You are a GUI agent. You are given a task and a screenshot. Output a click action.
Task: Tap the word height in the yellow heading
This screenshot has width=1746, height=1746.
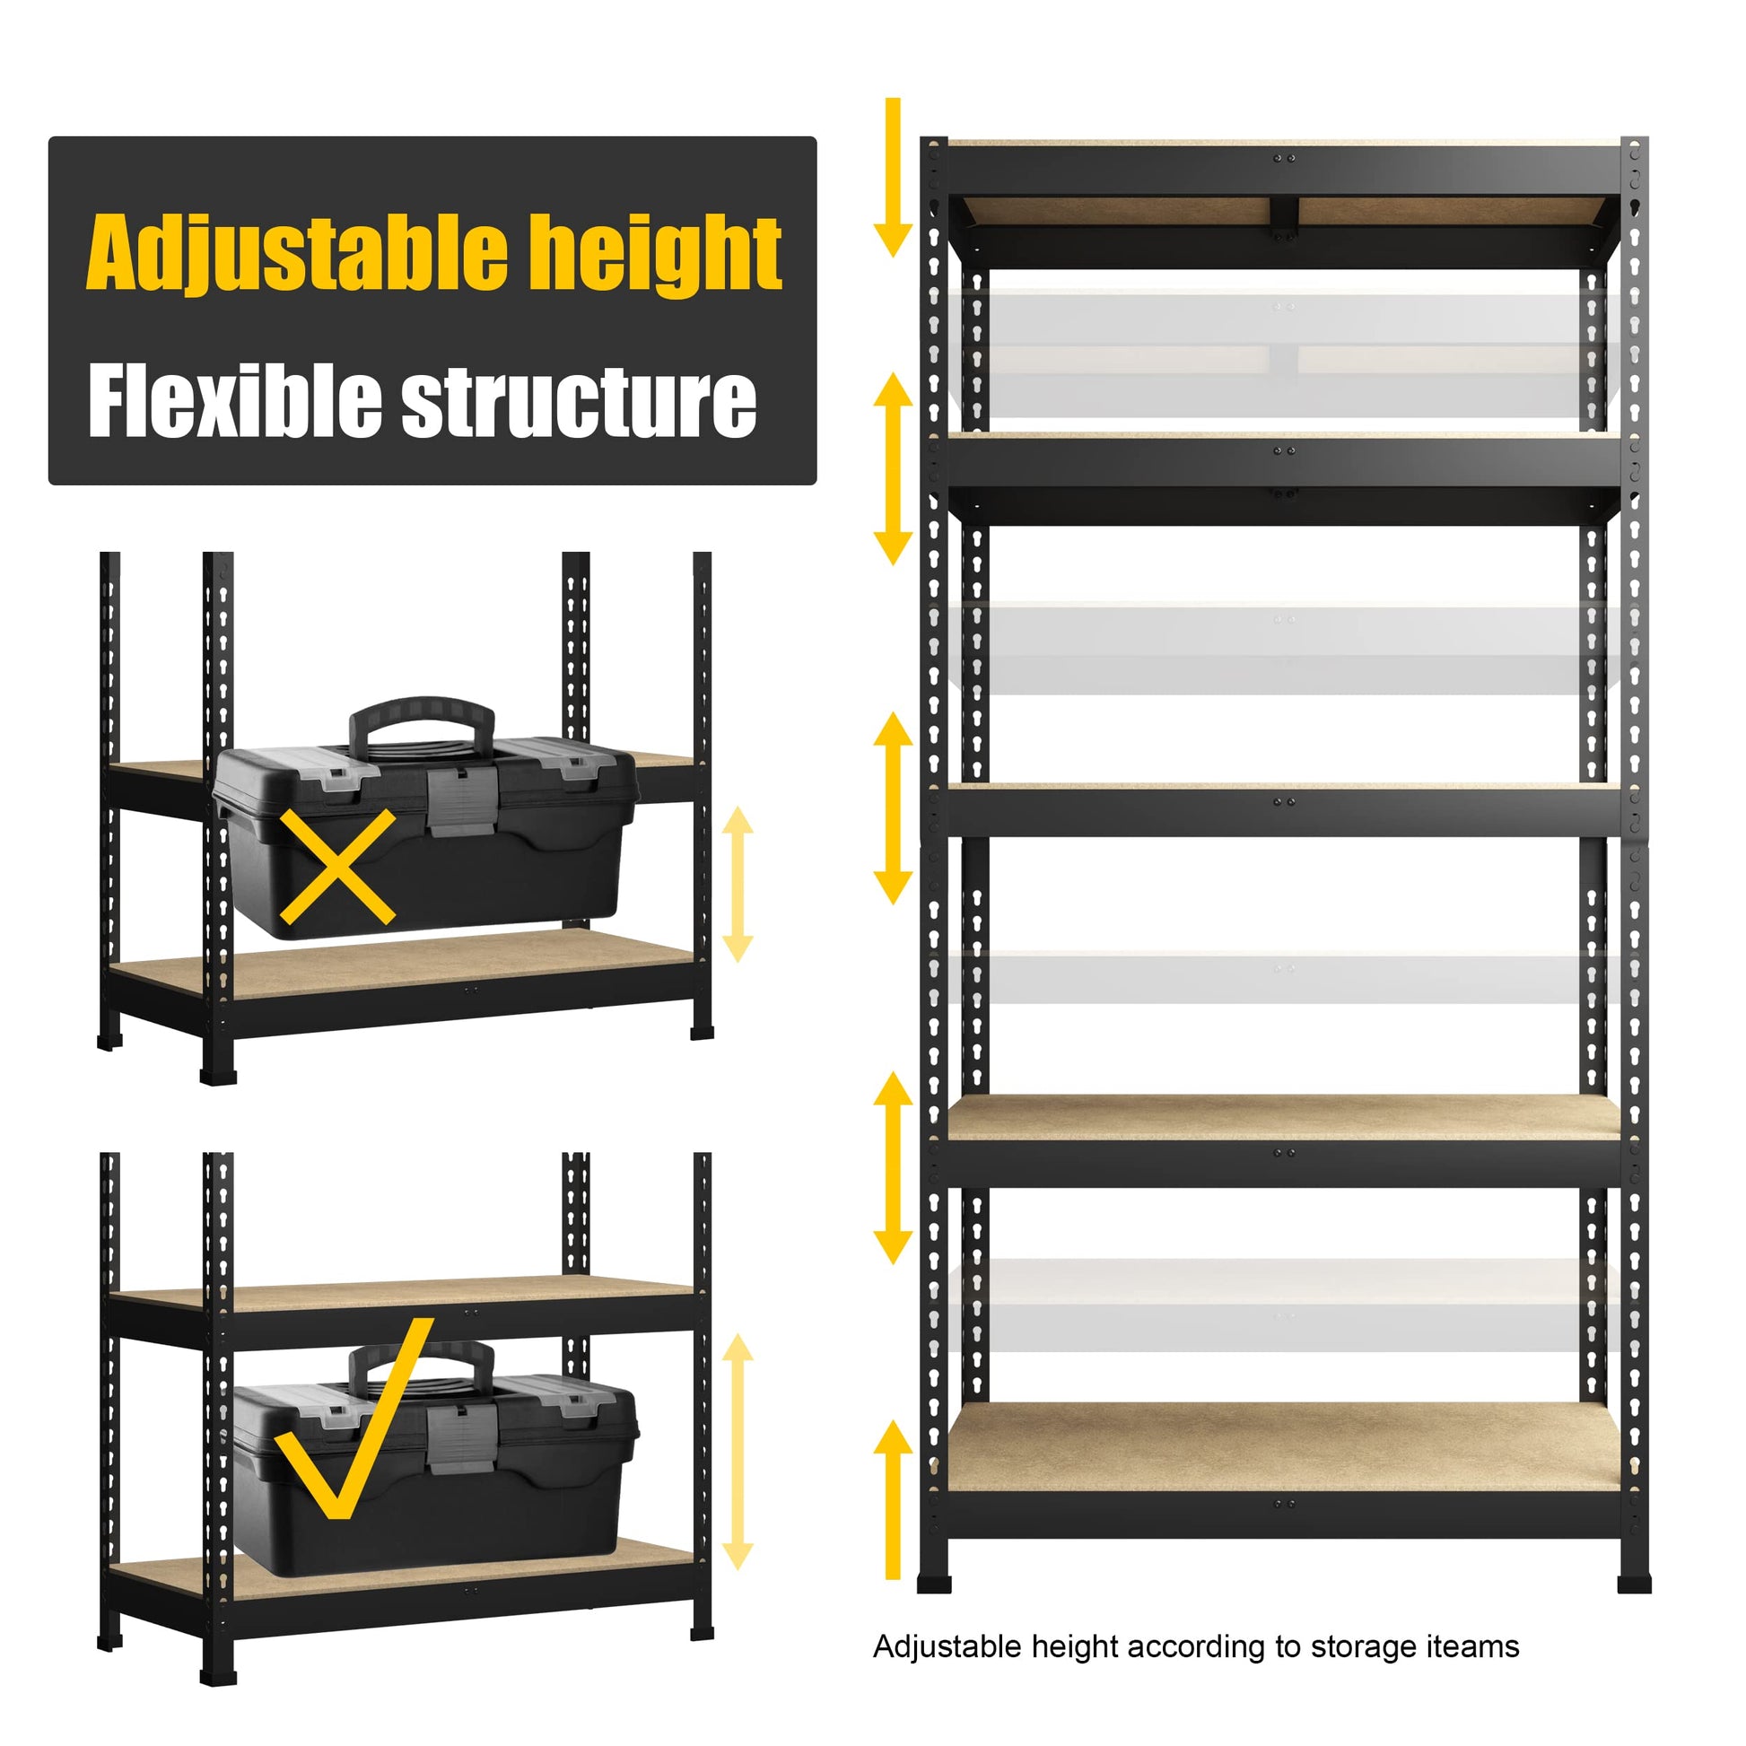(656, 254)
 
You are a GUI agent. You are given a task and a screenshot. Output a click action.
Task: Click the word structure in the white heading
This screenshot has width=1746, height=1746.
(580, 403)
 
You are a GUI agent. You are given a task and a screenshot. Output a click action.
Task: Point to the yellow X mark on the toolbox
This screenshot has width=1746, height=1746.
(337, 866)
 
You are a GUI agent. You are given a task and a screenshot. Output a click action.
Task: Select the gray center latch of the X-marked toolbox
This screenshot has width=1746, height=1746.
(462, 801)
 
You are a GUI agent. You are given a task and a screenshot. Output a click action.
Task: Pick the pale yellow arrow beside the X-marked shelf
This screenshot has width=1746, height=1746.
(738, 884)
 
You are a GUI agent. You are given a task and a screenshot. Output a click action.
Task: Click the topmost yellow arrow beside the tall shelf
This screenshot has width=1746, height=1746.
(893, 177)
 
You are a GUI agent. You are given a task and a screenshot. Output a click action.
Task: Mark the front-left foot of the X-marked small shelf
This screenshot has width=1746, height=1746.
(218, 1075)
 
